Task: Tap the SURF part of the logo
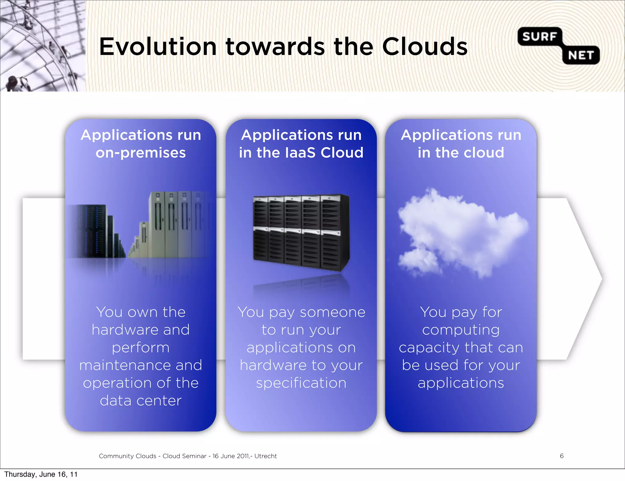click(540, 37)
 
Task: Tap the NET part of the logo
click(581, 55)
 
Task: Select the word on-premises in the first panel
click(141, 153)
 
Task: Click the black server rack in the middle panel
click(301, 232)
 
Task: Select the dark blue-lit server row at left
click(92, 232)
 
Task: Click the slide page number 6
click(562, 456)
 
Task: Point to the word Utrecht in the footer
click(266, 456)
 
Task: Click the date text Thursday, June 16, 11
click(41, 474)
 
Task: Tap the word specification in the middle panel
click(301, 383)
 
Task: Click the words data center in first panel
click(141, 401)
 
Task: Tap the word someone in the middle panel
click(333, 313)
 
